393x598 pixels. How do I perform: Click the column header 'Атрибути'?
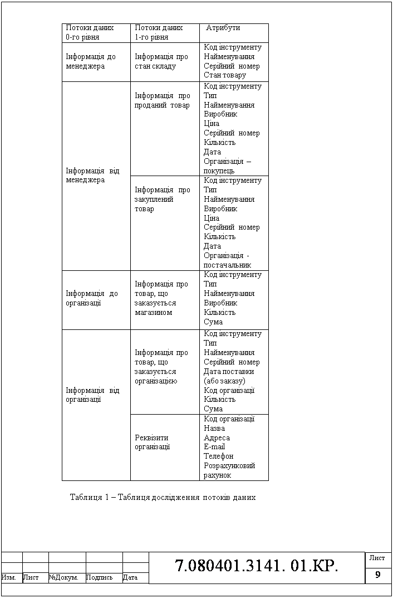pyautogui.click(x=223, y=27)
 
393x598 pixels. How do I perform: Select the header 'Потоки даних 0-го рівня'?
pyautogui.click(x=90, y=32)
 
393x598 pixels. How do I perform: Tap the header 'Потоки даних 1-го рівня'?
pyautogui.click(x=159, y=32)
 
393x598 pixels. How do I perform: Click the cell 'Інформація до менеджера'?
pyautogui.click(x=91, y=61)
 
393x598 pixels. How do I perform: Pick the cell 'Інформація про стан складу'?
pyautogui.click(x=161, y=61)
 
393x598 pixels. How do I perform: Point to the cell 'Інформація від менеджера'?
pyautogui.click(x=92, y=176)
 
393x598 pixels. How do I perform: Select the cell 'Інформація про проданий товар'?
pyautogui.click(x=162, y=100)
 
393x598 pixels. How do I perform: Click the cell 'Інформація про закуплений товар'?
pyautogui.click(x=162, y=199)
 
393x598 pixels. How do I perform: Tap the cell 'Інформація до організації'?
pyautogui.click(x=92, y=298)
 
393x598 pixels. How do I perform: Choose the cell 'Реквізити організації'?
pyautogui.click(x=152, y=442)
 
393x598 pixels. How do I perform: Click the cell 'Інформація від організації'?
pyautogui.click(x=92, y=395)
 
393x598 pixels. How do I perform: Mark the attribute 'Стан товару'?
pyautogui.click(x=225, y=75)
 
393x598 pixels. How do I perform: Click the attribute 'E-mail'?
pyautogui.click(x=214, y=446)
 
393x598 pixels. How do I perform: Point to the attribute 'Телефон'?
pyautogui.click(x=219, y=456)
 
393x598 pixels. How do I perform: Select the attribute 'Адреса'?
pyautogui.click(x=217, y=437)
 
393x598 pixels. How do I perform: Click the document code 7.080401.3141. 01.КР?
pyautogui.click(x=257, y=567)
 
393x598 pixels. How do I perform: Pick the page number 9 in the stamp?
pyautogui.click(x=378, y=575)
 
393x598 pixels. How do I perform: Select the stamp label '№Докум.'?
pyautogui.click(x=63, y=577)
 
